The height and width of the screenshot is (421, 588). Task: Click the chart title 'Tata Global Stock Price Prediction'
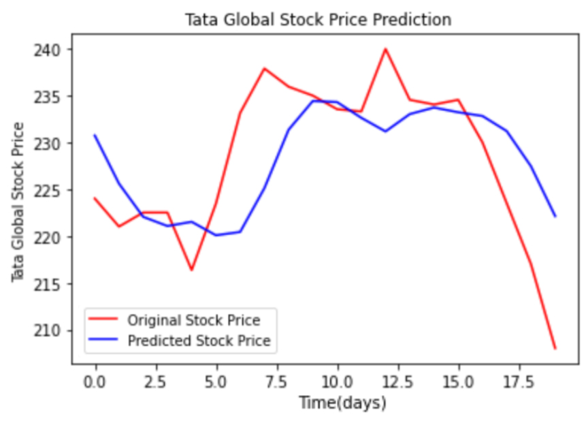pyautogui.click(x=318, y=20)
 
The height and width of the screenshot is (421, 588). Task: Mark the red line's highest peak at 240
pyautogui.click(x=385, y=49)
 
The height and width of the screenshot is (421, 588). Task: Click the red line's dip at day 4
pyautogui.click(x=192, y=270)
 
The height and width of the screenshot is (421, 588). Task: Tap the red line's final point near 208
pyautogui.click(x=555, y=348)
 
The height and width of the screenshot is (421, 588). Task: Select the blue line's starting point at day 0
pyautogui.click(x=95, y=136)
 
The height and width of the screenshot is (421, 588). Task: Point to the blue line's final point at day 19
pyautogui.click(x=555, y=216)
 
